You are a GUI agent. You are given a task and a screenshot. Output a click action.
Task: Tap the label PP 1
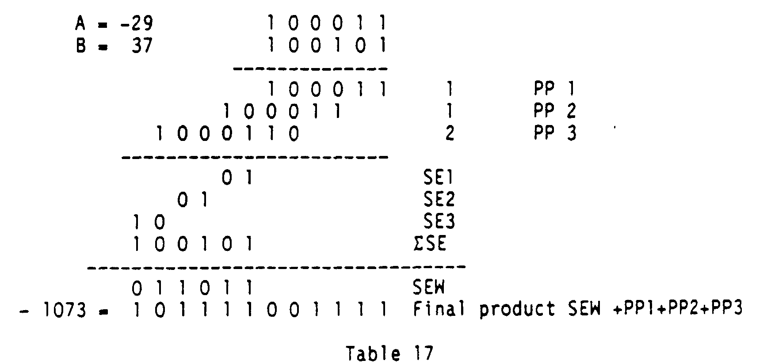point(554,90)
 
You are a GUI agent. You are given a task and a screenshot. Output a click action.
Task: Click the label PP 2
point(554,111)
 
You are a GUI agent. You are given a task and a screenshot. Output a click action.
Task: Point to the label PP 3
point(554,133)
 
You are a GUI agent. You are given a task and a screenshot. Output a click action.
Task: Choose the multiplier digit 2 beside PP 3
point(449,133)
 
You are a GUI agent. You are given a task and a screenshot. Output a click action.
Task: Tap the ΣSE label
point(430,243)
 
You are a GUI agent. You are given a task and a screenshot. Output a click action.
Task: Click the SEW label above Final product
point(428,288)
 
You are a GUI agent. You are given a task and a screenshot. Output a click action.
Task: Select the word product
point(517,310)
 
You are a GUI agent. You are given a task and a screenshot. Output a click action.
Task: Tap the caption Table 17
point(389,353)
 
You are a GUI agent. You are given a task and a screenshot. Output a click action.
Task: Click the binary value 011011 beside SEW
point(192,288)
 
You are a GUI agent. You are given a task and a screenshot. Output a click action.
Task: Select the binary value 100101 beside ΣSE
point(192,243)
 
